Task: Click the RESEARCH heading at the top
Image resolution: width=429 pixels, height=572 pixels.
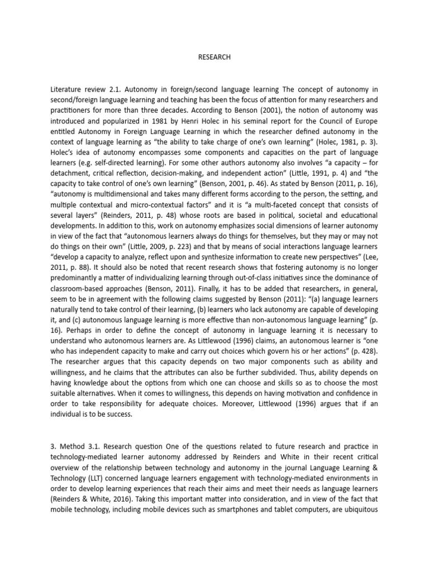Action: pos(214,57)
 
